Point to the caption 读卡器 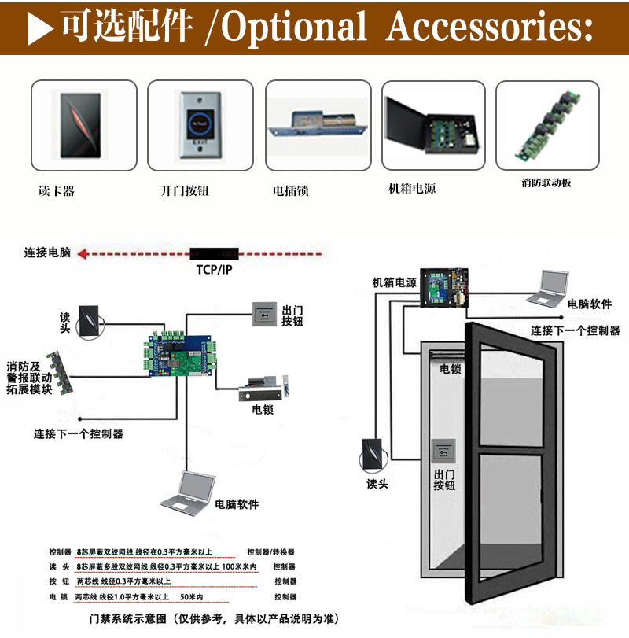click(x=56, y=190)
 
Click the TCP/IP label click(x=214, y=270)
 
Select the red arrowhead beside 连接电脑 click(x=84, y=253)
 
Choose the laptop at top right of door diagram click(x=547, y=287)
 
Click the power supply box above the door click(x=445, y=286)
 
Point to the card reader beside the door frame click(x=372, y=455)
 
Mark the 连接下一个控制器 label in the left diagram click(x=78, y=433)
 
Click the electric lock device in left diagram click(x=268, y=389)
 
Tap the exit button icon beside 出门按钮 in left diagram click(x=265, y=314)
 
